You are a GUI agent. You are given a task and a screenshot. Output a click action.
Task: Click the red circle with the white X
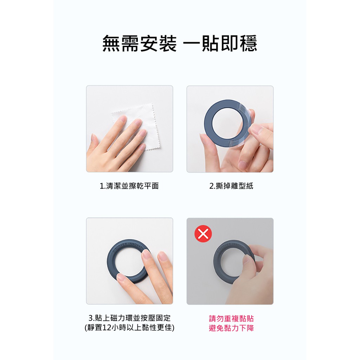pyautogui.click(x=203, y=234)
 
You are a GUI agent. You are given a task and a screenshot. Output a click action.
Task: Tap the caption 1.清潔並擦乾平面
pyautogui.click(x=129, y=186)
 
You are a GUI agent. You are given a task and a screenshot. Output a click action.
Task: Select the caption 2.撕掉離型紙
pyautogui.click(x=231, y=186)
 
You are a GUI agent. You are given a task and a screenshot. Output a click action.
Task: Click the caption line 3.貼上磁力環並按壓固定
pyautogui.click(x=130, y=318)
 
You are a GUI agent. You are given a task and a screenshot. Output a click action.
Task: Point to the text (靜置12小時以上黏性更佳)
pyautogui.click(x=130, y=327)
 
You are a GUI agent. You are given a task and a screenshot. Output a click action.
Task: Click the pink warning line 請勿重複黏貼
pyautogui.click(x=231, y=319)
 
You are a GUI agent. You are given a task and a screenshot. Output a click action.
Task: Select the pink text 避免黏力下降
pyautogui.click(x=231, y=328)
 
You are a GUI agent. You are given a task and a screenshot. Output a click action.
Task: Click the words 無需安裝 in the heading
pyautogui.click(x=140, y=43)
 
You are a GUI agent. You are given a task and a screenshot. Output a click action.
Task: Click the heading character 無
pyautogui.click(x=111, y=43)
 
